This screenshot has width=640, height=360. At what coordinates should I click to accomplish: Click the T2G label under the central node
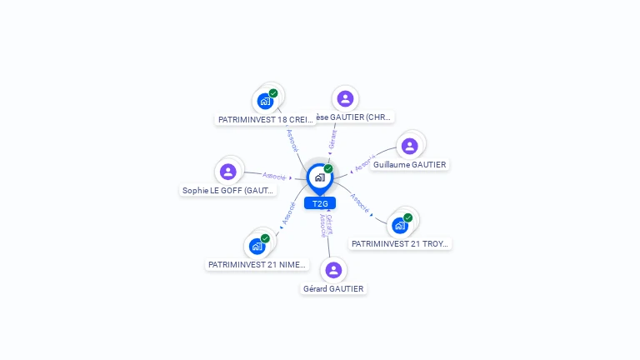320,203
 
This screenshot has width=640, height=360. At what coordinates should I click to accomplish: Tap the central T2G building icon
319,177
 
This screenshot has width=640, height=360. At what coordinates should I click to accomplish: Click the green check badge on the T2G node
328,169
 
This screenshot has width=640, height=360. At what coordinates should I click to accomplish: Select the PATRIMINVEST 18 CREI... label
266,119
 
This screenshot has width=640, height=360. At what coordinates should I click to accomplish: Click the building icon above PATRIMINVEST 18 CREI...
265,102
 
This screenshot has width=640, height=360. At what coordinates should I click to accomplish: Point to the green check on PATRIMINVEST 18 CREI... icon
273,93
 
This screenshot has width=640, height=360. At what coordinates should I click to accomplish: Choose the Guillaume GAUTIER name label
409,164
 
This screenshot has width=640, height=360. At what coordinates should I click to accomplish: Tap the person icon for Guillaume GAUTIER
409,146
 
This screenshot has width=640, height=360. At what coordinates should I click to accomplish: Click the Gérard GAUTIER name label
333,288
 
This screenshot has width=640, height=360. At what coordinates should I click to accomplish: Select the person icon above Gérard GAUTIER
333,270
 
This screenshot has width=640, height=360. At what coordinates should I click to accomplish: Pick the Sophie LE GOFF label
228,190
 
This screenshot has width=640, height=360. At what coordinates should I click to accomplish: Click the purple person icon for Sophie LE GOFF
228,172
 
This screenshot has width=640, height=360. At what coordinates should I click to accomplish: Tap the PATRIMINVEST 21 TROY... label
400,243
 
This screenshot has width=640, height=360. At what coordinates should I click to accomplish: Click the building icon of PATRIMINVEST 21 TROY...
400,225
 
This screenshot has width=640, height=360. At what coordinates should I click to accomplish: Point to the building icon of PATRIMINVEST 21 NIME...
257,246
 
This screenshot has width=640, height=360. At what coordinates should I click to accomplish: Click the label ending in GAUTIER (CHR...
349,117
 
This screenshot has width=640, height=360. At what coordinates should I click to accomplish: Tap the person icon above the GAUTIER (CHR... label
345,98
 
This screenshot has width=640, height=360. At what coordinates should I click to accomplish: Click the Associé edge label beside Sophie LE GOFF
274,176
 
